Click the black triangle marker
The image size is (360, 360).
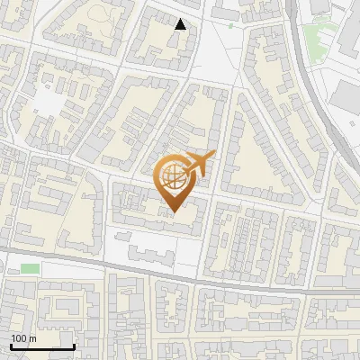180,24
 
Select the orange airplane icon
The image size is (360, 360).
199,164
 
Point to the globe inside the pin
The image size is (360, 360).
172,175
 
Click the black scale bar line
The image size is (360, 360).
41,346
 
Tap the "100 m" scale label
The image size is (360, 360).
22,338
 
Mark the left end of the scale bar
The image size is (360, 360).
10,346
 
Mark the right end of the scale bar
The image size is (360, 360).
74,346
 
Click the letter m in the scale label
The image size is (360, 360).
31,338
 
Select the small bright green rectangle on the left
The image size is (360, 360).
31,268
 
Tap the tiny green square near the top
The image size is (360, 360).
230,26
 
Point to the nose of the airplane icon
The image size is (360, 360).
214,155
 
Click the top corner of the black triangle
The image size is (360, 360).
180,19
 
